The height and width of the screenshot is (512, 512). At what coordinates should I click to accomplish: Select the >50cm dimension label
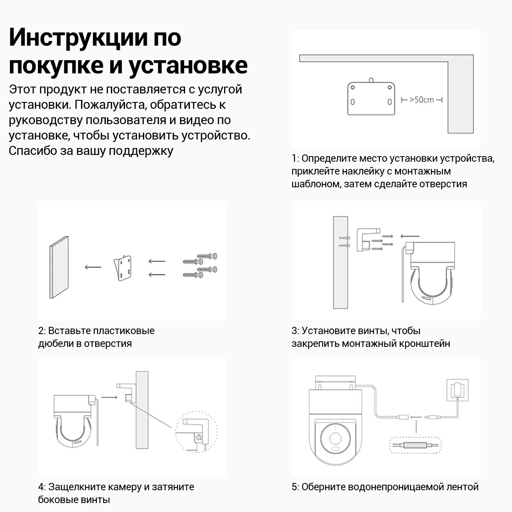[422, 100]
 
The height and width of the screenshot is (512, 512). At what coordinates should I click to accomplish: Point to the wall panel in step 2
[59, 267]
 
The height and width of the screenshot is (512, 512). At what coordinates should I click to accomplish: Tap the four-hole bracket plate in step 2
[122, 268]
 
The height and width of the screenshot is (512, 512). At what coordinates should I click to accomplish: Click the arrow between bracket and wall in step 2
[93, 267]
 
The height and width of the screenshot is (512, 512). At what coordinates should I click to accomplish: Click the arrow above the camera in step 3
[410, 236]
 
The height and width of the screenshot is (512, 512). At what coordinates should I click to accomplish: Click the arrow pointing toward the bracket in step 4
[109, 397]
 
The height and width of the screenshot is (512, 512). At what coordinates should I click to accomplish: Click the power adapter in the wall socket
[457, 390]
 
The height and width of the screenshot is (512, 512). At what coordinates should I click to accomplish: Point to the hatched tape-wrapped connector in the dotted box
[415, 445]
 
